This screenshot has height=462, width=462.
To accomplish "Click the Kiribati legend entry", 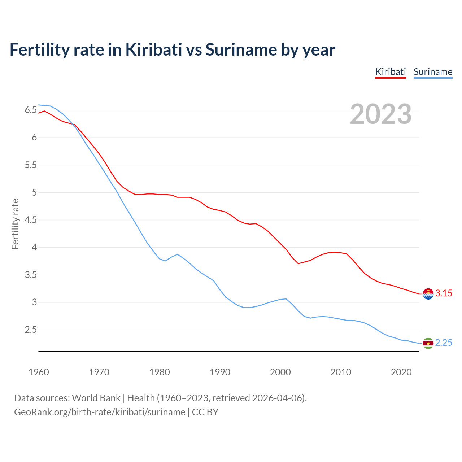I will click(x=391, y=72).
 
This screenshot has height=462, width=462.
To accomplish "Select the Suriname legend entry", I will click(x=433, y=72).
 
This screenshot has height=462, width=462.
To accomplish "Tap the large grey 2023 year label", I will click(x=381, y=114).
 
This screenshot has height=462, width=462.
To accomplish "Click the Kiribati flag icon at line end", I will click(x=428, y=294).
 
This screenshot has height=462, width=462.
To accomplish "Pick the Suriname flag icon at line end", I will click(x=428, y=343).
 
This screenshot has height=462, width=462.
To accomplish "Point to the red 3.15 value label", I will click(x=444, y=293).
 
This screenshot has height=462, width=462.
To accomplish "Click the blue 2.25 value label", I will click(x=444, y=343).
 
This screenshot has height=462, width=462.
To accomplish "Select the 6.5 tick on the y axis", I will click(x=31, y=110).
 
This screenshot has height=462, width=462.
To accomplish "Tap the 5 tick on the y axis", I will click(x=35, y=192).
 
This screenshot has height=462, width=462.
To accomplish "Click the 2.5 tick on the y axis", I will click(x=31, y=330).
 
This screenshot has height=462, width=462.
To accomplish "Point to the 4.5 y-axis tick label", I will click(x=31, y=220).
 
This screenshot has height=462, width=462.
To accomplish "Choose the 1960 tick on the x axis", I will click(x=39, y=372).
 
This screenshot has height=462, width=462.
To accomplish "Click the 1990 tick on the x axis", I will click(x=220, y=372).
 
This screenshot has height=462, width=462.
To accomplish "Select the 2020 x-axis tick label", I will click(x=401, y=372).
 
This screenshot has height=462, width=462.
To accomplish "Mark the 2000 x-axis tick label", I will click(x=280, y=372).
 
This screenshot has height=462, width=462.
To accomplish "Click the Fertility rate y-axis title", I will click(x=15, y=224).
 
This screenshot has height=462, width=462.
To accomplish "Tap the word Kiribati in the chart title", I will click(x=154, y=50).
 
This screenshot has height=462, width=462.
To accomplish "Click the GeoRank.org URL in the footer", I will click(x=100, y=412).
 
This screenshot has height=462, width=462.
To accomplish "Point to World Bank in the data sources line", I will click(x=96, y=398).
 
